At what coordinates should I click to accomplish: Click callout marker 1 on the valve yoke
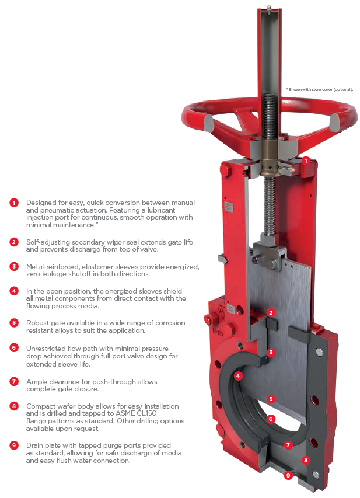306,161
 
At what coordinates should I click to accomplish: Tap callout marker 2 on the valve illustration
271,312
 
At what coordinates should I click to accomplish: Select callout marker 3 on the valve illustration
271,352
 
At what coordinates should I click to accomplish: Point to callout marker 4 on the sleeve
238,376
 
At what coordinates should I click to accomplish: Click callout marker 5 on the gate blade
271,399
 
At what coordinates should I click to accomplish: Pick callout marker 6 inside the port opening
271,419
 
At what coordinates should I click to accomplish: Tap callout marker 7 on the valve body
288,445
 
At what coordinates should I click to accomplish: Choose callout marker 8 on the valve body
306,460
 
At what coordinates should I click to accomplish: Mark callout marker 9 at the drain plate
288,475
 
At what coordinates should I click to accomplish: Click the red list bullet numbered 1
14,203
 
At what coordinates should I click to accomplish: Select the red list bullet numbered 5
14,323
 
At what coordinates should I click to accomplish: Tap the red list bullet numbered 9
14,445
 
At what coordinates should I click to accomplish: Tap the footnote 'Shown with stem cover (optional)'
320,90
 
